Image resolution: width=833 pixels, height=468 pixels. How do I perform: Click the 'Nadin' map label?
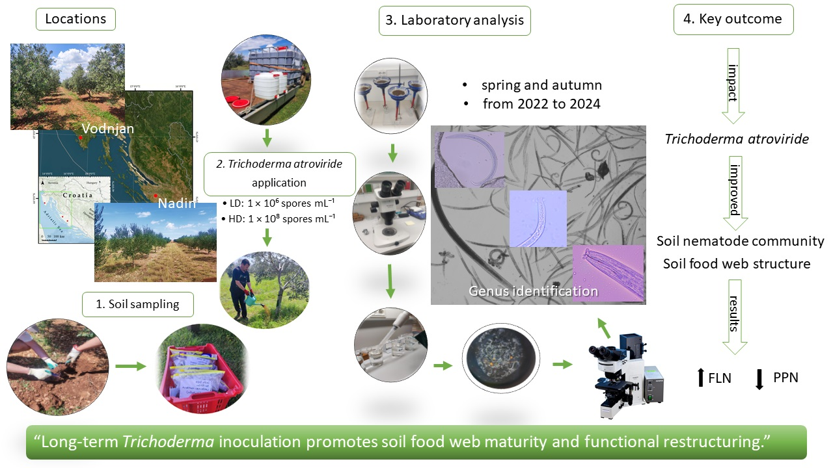point(176,204)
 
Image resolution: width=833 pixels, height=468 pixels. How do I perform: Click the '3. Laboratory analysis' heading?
point(454,20)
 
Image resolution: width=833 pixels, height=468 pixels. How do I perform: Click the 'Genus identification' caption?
point(533,291)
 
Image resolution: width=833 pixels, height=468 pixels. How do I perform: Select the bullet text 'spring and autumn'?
point(541,85)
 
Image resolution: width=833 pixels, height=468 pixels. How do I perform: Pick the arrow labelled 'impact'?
point(733,85)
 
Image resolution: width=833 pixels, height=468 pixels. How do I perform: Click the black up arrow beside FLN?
point(700,378)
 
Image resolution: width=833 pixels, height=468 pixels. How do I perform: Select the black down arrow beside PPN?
point(759,378)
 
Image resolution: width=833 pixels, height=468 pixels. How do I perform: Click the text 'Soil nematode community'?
point(740,241)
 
